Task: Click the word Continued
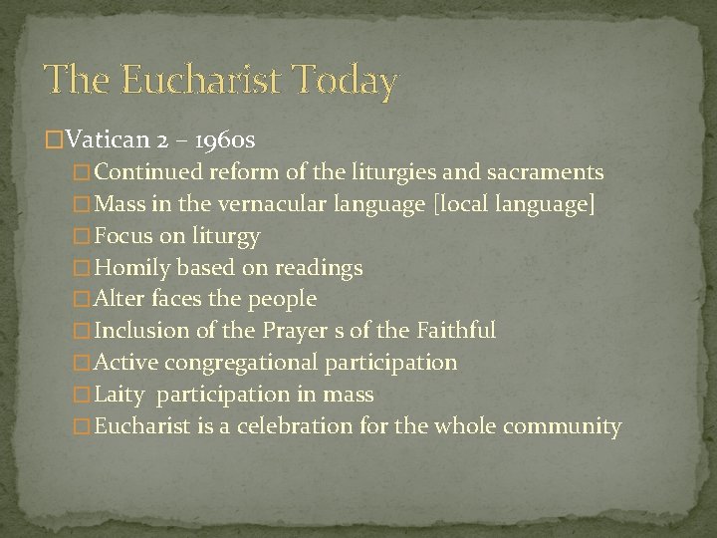pos(152,172)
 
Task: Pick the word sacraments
pos(546,172)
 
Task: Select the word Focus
pos(124,236)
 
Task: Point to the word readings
pos(318,268)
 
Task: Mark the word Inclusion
pos(141,331)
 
